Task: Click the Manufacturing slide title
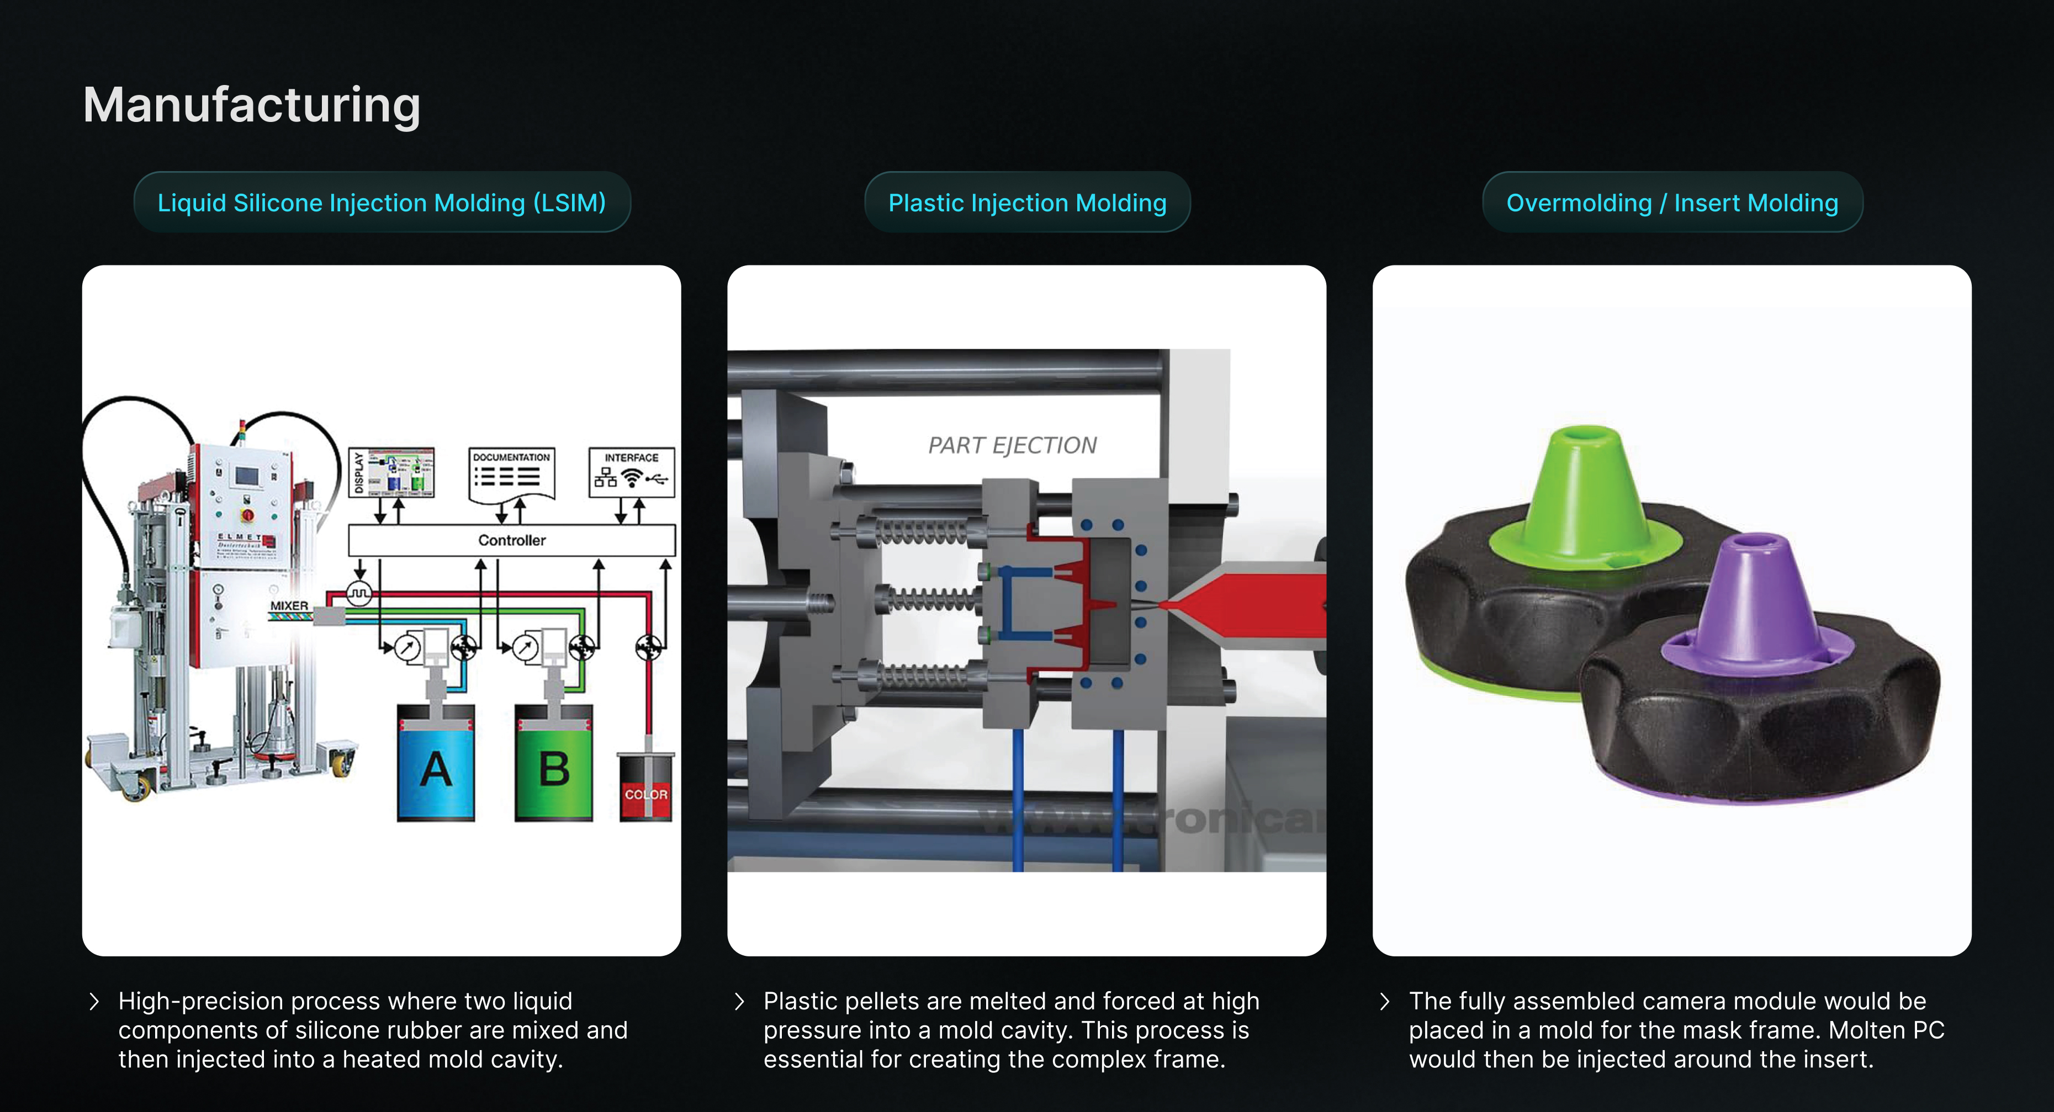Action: coord(251,105)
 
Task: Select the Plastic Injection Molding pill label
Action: coord(1027,203)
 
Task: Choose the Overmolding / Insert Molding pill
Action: coord(1672,203)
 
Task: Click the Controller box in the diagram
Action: coord(512,540)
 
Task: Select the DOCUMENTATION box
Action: coord(511,473)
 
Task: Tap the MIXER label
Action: coord(289,606)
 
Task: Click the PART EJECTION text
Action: coord(1012,445)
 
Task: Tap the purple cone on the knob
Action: coord(1750,602)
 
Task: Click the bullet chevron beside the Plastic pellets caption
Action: coord(739,1001)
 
